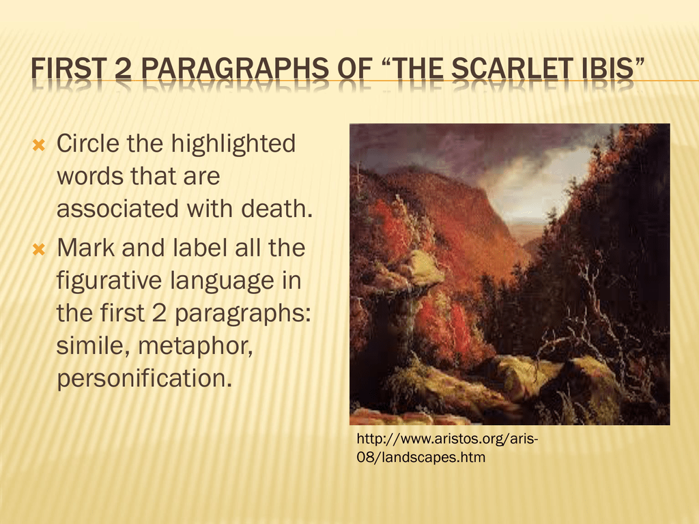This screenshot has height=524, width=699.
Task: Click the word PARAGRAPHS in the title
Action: tap(235, 69)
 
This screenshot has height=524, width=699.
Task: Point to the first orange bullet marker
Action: tap(39, 145)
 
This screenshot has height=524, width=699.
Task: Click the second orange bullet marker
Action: tap(39, 249)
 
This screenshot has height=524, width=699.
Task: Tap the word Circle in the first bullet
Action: tap(88, 143)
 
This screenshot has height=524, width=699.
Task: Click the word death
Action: tap(277, 209)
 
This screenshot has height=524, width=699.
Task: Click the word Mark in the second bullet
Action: tap(85, 248)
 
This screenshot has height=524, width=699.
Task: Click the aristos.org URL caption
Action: tap(447, 448)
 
